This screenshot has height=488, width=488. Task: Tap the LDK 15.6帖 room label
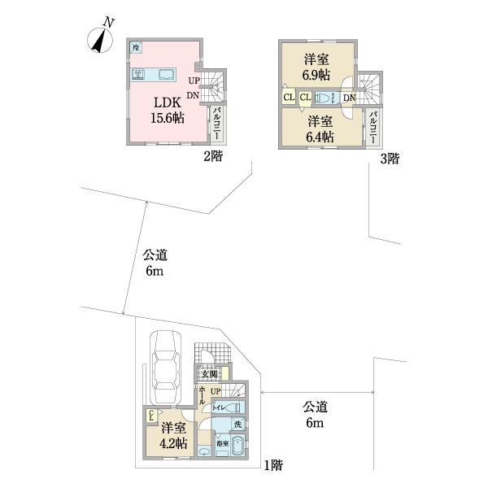[x=166, y=110]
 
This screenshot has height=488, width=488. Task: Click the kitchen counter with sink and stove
[x=155, y=75]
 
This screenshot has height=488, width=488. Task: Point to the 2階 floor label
[x=214, y=158]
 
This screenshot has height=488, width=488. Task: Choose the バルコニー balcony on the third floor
[x=373, y=127]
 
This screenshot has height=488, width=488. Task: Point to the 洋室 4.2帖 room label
[x=172, y=434]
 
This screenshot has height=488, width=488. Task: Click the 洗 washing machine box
[x=237, y=424]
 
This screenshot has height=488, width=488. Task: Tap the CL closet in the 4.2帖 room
[x=151, y=416]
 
